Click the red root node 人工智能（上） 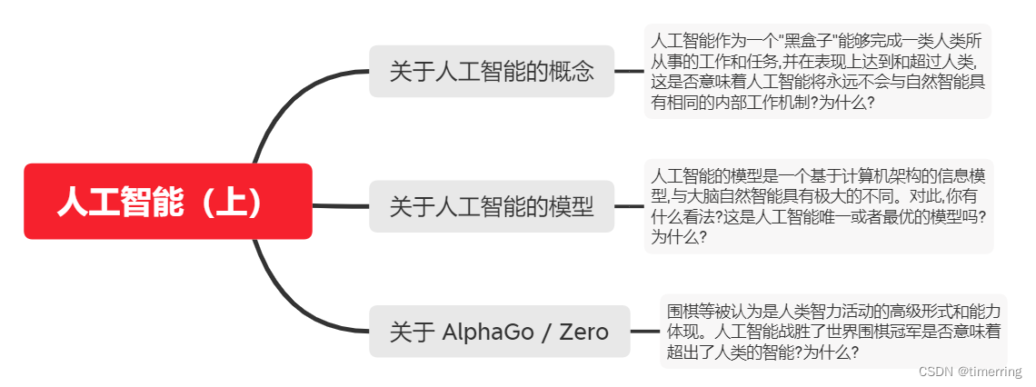click(167, 202)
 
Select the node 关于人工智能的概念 click(492, 71)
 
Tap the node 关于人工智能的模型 click(492, 206)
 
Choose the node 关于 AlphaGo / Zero click(499, 332)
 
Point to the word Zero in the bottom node click(583, 332)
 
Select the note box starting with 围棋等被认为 click(832, 332)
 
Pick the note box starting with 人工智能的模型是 click(818, 206)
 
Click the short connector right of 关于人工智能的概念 click(629, 71)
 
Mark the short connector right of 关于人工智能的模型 click(629, 206)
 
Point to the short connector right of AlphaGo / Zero click(644, 332)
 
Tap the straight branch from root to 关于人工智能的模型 click(341, 206)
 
